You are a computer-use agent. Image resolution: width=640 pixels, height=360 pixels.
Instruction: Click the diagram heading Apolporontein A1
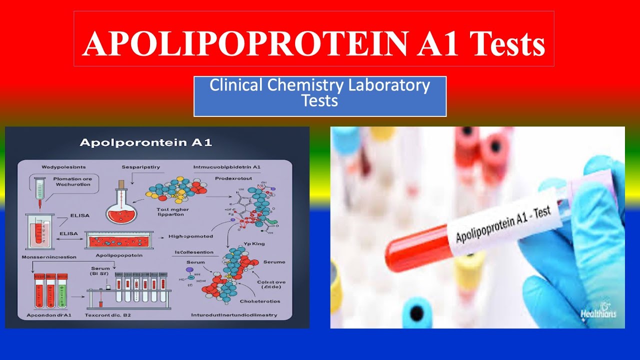tap(146, 142)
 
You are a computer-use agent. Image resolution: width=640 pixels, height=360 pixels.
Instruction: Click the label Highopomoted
tap(191, 236)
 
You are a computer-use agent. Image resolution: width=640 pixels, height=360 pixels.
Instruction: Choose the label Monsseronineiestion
tap(49, 256)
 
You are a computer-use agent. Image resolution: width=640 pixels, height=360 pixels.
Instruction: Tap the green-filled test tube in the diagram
tap(62, 291)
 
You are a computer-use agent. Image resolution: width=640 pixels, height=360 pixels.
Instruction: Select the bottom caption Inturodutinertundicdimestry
tap(234, 315)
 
